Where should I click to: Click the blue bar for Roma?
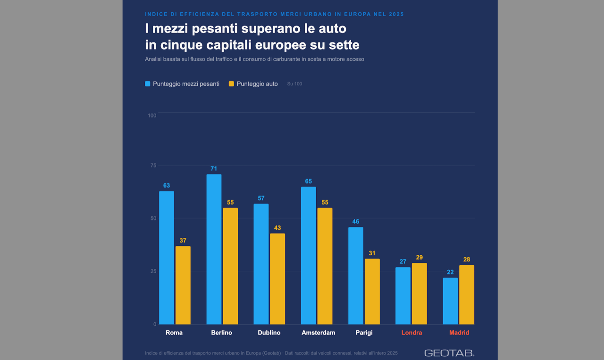[x=167, y=258]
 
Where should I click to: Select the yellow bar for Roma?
[x=183, y=285]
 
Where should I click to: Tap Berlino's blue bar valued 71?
[x=214, y=249]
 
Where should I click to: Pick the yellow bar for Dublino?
[x=277, y=279]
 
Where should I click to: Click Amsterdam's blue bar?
[x=309, y=255]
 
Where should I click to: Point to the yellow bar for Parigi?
[x=372, y=292]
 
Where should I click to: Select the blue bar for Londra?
[x=403, y=295]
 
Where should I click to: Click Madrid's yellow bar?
[x=467, y=294]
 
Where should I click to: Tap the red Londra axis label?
[x=411, y=333]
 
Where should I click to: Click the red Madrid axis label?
[x=459, y=333]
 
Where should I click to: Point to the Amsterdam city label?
[x=318, y=333]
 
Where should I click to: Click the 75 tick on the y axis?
[x=153, y=165]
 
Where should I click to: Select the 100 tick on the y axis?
[x=152, y=116]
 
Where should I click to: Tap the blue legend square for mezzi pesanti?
[x=148, y=84]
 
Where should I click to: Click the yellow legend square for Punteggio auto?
[x=231, y=84]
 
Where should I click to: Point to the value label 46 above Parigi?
[x=356, y=221]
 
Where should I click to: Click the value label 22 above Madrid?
[x=450, y=272]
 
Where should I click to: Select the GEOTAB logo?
[x=449, y=353]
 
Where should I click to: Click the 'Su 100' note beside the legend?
[x=294, y=84]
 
